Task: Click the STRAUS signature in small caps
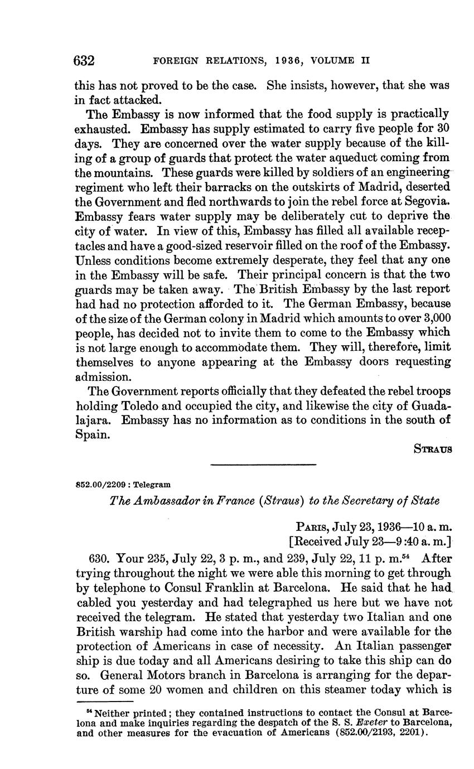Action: (x=432, y=448)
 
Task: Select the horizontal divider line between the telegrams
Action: (x=263, y=465)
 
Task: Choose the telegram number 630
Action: (x=101, y=558)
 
